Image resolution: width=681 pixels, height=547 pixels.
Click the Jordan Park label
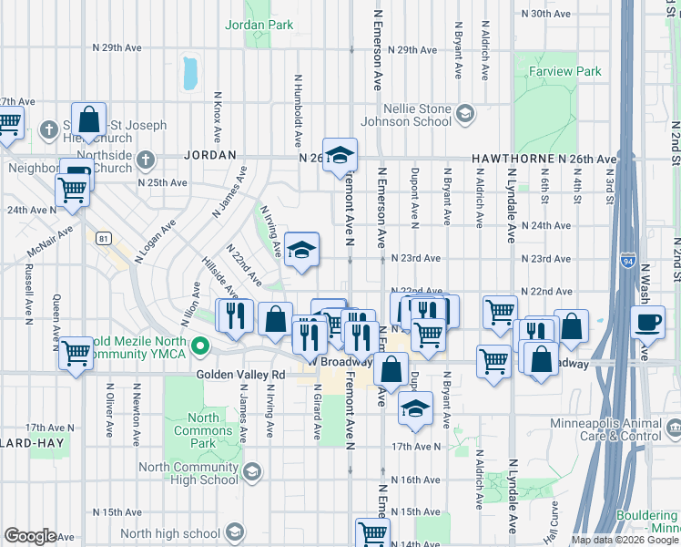tap(259, 25)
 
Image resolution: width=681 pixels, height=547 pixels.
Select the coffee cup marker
tap(648, 323)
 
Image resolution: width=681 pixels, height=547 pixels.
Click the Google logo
tap(30, 536)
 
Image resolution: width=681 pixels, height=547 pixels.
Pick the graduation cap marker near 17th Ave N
tap(415, 408)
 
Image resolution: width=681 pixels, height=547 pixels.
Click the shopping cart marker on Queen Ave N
tap(76, 352)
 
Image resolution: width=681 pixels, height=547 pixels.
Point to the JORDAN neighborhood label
tap(210, 156)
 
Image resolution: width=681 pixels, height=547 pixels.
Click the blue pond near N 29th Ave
tap(190, 73)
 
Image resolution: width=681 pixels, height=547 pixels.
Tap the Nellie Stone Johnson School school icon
tap(464, 114)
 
